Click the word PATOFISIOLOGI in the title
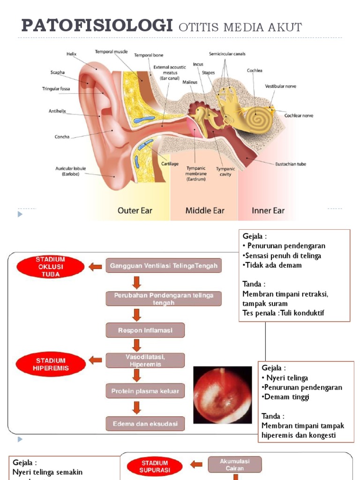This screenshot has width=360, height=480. tap(97, 26)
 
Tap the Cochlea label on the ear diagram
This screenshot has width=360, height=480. tap(255, 71)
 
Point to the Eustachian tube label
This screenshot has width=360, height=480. tap(291, 164)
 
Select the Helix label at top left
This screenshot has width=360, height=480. tap(71, 54)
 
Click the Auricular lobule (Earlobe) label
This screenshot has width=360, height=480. tap(71, 171)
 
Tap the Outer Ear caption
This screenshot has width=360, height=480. tap(135, 210)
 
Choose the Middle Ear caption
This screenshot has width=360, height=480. tap(205, 210)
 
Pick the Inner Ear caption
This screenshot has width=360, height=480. tap(268, 210)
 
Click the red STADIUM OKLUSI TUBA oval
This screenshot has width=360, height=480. tap(51, 267)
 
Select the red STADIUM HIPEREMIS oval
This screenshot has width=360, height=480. tap(51, 364)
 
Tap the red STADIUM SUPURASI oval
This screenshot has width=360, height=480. tap(155, 466)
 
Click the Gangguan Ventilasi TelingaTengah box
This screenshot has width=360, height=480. tap(164, 266)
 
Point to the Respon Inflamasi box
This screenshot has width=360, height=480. tap(145, 330)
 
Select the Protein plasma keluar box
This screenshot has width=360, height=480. tap(145, 390)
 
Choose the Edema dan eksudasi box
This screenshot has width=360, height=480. tap(145, 424)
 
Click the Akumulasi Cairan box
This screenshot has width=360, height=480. tap(235, 465)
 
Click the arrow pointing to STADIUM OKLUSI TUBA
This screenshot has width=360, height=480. tap(95, 267)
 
